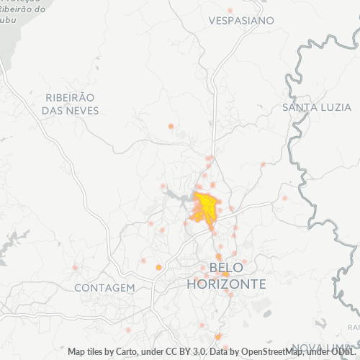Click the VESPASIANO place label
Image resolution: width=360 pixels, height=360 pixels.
coord(240,21)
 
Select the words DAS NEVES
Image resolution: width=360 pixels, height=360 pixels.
coord(70,111)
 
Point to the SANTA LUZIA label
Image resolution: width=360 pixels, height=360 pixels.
coord(316,107)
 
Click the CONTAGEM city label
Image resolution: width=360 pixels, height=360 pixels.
coord(104,288)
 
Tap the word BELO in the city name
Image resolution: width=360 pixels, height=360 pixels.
coord(226,269)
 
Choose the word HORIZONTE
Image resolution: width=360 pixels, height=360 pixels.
coord(226,284)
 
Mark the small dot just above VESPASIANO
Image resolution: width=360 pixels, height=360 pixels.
coord(230,10)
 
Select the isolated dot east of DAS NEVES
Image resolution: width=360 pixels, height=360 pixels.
coord(171,126)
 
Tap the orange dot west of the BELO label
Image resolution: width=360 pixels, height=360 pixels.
coord(158,267)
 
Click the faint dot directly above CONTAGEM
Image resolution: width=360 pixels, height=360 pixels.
coord(75,268)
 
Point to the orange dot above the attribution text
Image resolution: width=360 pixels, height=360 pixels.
coord(218,336)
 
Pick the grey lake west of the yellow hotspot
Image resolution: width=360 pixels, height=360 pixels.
coord(176,194)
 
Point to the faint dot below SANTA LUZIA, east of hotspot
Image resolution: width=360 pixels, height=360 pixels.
coord(284,197)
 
